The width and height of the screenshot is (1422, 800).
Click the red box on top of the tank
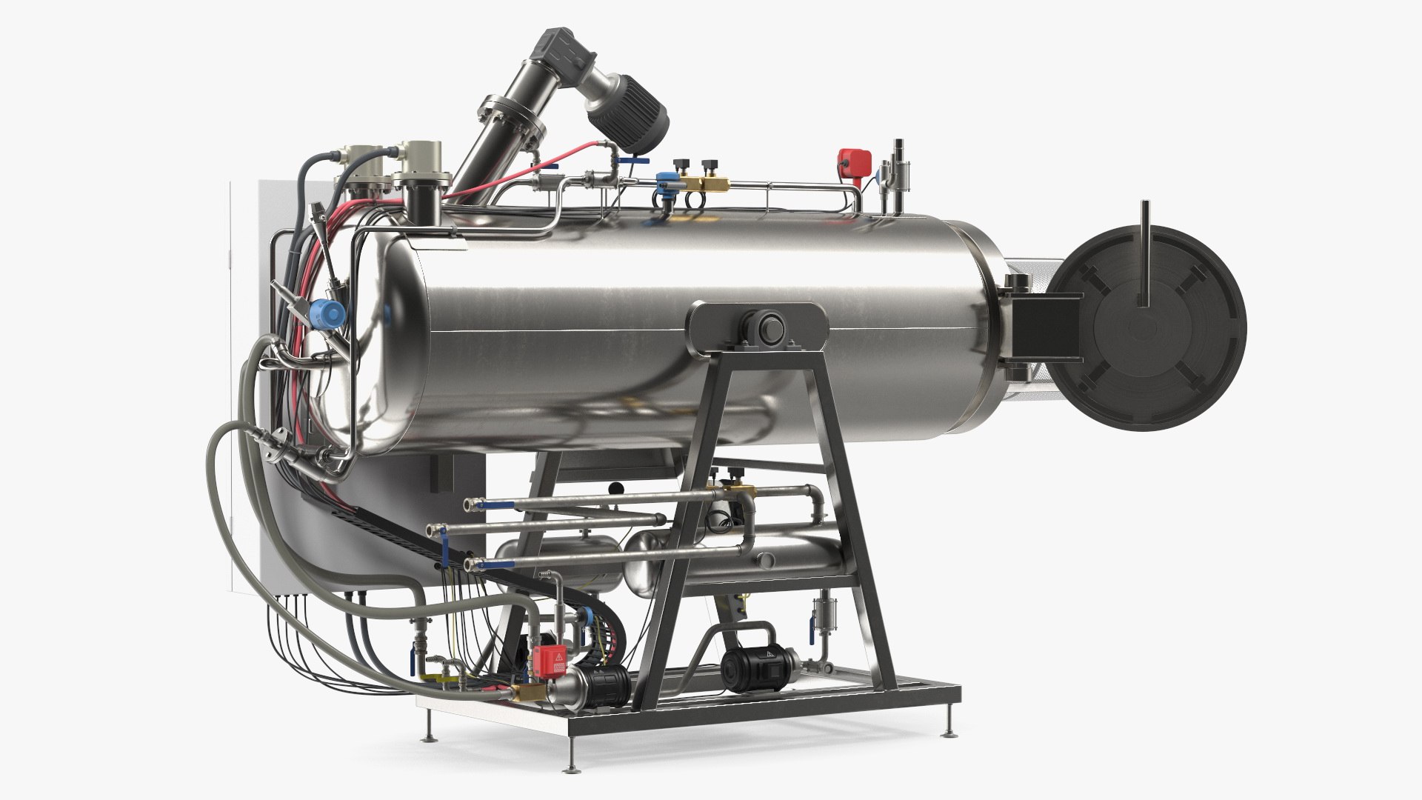[849, 161]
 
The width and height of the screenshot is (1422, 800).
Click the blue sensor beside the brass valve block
[664, 181]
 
